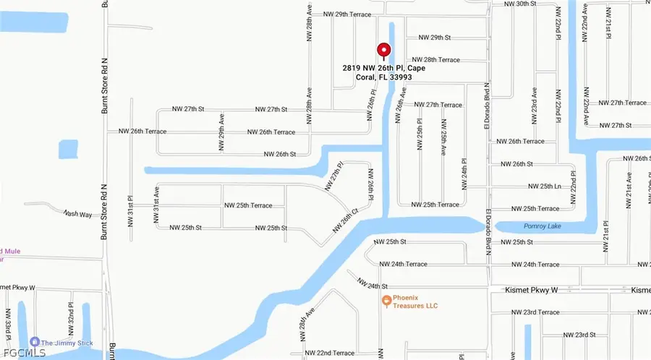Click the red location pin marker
pos(383,51)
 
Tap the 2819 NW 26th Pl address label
pos(384,73)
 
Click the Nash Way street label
pos(78,213)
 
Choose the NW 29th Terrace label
pos(346,14)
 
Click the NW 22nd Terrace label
pos(329,353)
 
